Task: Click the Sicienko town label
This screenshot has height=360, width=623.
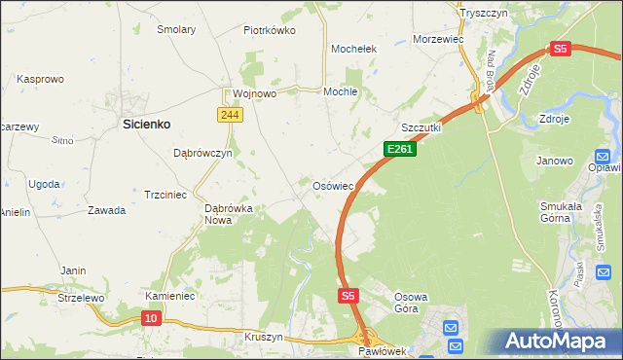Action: (x=147, y=124)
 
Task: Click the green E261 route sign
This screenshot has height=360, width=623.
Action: (x=400, y=149)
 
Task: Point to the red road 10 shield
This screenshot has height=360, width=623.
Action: (x=150, y=317)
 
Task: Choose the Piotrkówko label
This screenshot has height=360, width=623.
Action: (x=270, y=30)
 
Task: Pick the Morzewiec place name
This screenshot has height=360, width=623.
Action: (x=435, y=38)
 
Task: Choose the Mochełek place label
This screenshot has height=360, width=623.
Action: (x=353, y=48)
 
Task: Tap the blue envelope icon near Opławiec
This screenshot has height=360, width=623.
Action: (x=602, y=156)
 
